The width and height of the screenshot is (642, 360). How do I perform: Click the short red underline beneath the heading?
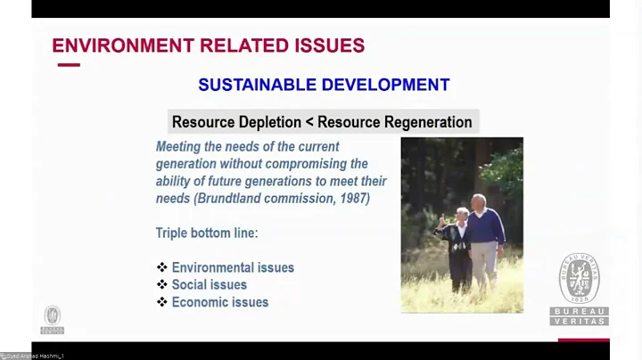(69, 65)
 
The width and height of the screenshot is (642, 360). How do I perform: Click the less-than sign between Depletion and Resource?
(309, 122)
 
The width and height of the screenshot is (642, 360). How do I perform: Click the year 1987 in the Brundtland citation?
(353, 199)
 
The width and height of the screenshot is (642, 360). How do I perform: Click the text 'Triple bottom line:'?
(207, 233)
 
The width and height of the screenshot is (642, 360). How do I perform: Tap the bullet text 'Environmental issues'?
(233, 267)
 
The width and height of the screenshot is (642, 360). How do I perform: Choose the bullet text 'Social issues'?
(210, 285)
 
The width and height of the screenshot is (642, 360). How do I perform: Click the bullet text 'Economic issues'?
(220, 302)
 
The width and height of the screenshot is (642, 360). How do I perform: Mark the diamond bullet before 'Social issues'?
(162, 285)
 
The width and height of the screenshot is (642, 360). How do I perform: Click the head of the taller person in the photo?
(479, 201)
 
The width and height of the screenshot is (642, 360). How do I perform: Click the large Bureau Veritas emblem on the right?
(580, 278)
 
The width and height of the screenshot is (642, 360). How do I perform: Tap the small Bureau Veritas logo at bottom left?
(52, 319)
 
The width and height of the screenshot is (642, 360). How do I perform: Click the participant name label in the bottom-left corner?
(33, 356)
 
